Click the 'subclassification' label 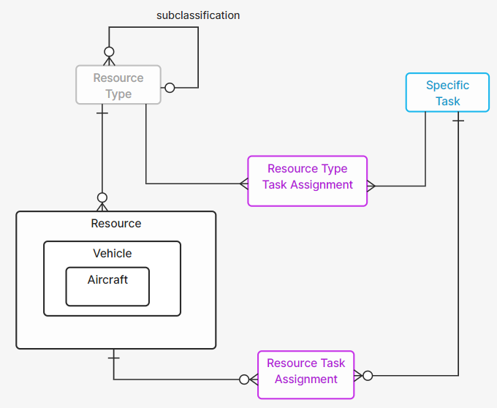tap(197, 15)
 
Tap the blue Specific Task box tap(447, 92)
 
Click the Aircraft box tap(107, 286)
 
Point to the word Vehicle tap(113, 254)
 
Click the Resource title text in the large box tap(116, 224)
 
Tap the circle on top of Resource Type tap(109, 52)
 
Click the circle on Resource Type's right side tap(170, 88)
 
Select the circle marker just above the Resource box tap(102, 197)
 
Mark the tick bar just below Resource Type tap(102, 113)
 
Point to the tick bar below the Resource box tap(113, 358)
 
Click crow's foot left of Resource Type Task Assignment tap(243, 183)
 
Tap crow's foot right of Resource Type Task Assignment tap(371, 186)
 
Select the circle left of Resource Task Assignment tap(244, 379)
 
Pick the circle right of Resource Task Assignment tap(368, 376)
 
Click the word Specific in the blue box tap(447, 86)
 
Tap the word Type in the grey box tap(118, 94)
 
